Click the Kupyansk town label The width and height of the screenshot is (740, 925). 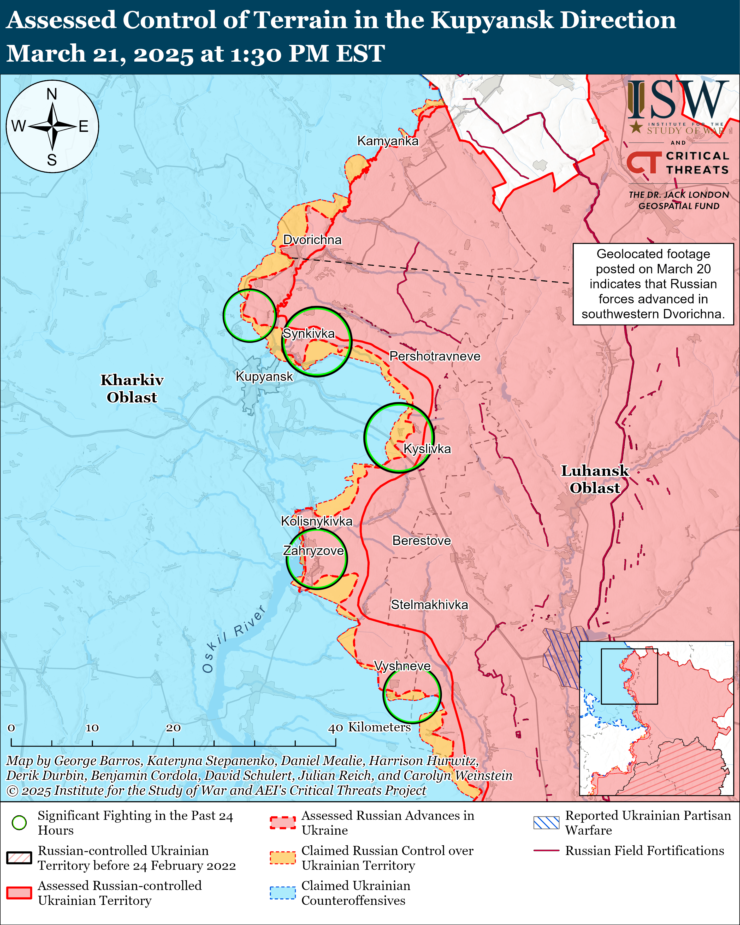(x=264, y=377)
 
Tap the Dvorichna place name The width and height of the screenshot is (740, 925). (x=312, y=240)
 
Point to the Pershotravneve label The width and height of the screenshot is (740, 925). (x=435, y=356)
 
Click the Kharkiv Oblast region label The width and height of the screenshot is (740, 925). (x=132, y=389)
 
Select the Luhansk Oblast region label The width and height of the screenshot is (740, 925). (x=595, y=479)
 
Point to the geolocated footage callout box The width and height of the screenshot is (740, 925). (x=653, y=284)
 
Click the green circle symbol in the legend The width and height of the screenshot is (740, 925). (x=19, y=822)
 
